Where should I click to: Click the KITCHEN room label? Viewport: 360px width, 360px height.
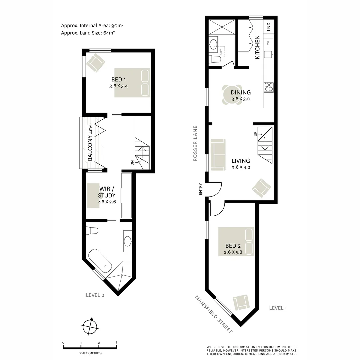pyautogui.click(x=257, y=47)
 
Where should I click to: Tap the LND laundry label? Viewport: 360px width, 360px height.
pyautogui.click(x=269, y=27)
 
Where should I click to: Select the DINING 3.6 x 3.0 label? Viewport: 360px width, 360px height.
pyautogui.click(x=241, y=95)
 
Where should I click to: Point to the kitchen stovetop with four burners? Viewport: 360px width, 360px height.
pyautogui.click(x=268, y=87)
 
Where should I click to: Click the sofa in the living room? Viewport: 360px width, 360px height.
pyautogui.click(x=217, y=153)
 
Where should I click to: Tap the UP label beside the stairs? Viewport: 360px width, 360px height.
pyautogui.click(x=255, y=134)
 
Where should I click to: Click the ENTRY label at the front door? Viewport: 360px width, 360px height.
pyautogui.click(x=200, y=189)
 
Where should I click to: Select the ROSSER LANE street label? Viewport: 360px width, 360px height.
pyautogui.click(x=195, y=143)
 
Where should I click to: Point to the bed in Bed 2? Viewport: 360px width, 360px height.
pyautogui.click(x=236, y=241)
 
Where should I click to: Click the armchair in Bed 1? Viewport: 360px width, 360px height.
pyautogui.click(x=96, y=63)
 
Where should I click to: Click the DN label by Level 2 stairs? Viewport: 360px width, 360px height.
pyautogui.click(x=132, y=163)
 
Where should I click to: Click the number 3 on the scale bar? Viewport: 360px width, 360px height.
pyautogui.click(x=116, y=342)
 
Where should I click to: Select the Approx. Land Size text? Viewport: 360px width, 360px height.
pyautogui.click(x=88, y=33)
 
